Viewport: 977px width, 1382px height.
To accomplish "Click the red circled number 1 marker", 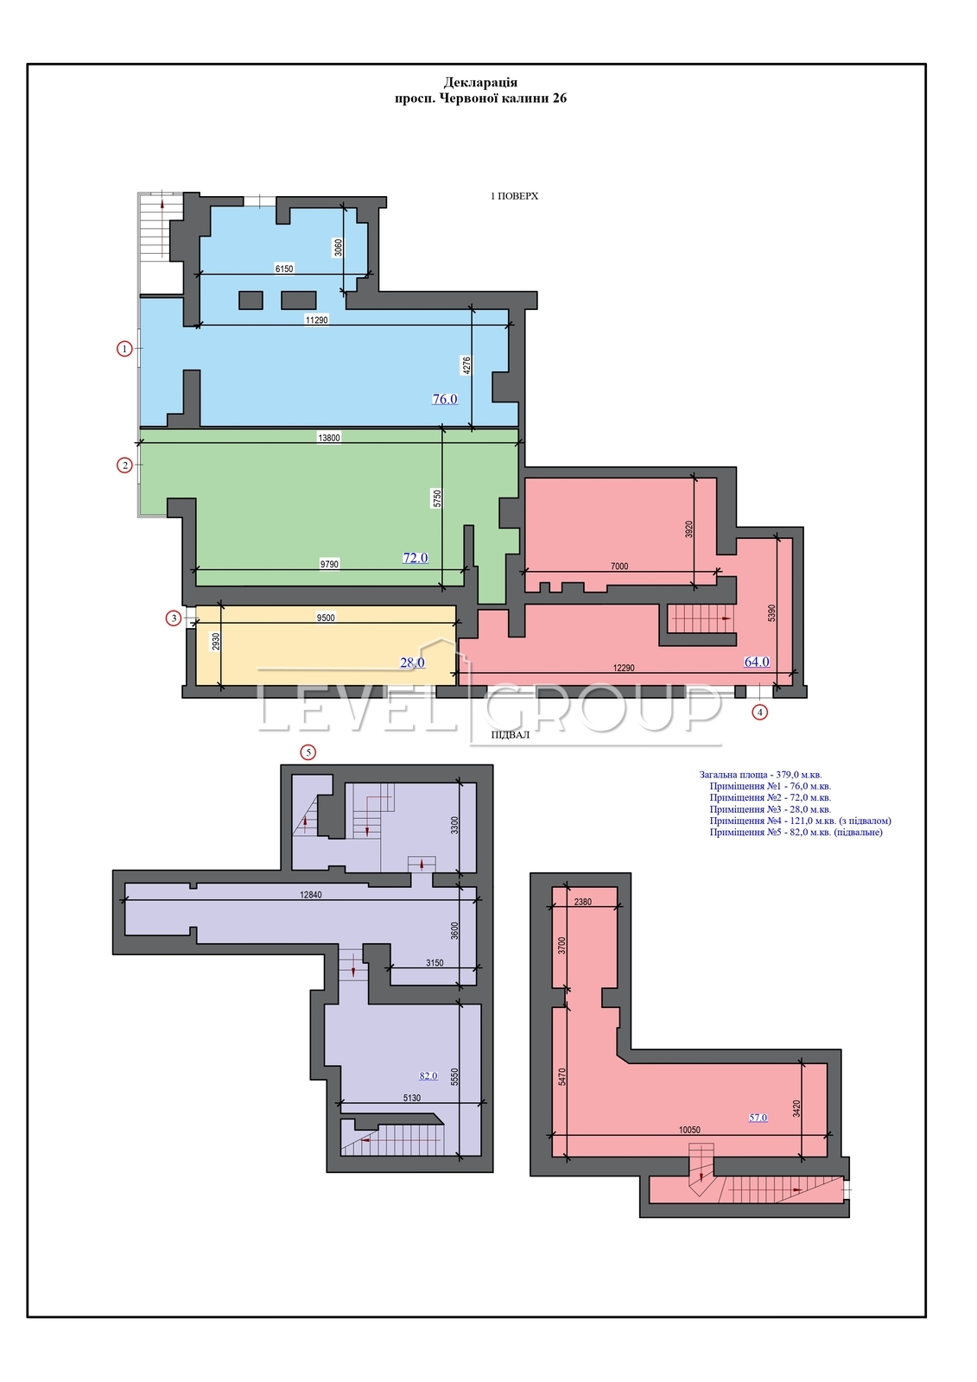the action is [x=124, y=349].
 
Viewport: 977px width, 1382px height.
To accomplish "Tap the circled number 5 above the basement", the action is [x=308, y=752].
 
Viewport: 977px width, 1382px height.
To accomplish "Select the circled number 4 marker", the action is [x=760, y=712].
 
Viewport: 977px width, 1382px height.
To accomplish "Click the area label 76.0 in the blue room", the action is [x=444, y=399].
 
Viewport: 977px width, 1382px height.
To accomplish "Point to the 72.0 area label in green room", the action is [x=416, y=558].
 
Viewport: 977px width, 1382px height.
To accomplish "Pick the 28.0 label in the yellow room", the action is [x=412, y=662].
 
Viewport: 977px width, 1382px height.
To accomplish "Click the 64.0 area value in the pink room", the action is [x=757, y=662].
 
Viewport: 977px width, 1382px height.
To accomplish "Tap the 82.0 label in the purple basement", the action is [x=428, y=1076].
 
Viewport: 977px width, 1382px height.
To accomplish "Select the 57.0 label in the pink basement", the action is [x=758, y=1118].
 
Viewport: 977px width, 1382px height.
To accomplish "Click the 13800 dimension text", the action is [x=329, y=438].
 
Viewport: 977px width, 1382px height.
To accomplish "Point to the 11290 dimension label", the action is [x=317, y=320].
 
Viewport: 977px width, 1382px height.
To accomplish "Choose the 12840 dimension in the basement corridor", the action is [x=310, y=895].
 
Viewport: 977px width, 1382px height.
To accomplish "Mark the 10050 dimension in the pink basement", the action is [x=689, y=1131].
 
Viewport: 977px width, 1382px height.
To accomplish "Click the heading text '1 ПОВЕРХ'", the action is [x=514, y=196].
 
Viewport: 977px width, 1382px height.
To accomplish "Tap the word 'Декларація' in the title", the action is [x=481, y=82].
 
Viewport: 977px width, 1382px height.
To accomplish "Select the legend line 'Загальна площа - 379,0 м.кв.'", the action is [x=760, y=774].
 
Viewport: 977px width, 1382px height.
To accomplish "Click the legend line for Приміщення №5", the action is [x=796, y=833].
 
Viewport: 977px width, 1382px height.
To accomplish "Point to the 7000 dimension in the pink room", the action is [x=619, y=567].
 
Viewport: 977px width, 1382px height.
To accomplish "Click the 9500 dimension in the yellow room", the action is [x=326, y=618].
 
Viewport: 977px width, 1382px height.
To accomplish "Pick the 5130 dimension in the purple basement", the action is [x=411, y=1098].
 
